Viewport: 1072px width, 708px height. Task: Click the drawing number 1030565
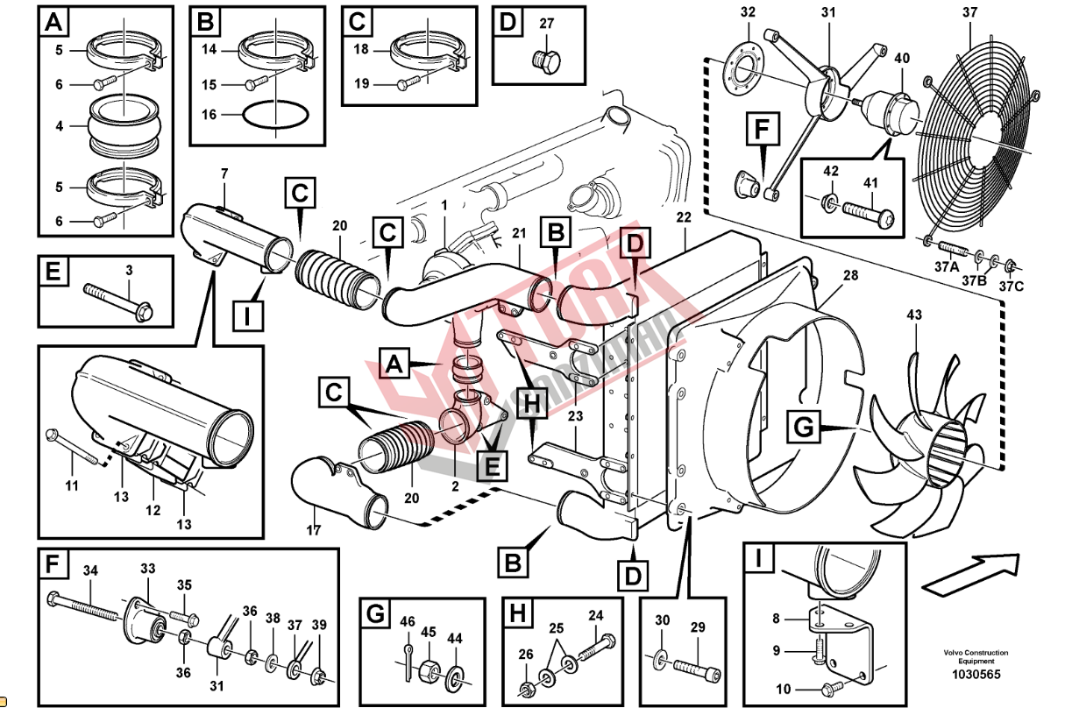[976, 675]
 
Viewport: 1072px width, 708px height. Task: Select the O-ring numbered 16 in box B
[273, 114]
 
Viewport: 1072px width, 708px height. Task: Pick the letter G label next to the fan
[804, 428]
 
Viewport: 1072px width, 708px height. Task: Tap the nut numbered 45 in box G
[430, 670]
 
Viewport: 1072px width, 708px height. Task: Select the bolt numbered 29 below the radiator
[699, 669]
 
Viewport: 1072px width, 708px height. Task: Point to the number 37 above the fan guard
[969, 12]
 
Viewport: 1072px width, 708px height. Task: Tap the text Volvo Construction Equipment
[976, 656]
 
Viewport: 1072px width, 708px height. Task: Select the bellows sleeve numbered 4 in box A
[124, 126]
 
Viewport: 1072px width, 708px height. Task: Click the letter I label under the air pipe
[248, 315]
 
